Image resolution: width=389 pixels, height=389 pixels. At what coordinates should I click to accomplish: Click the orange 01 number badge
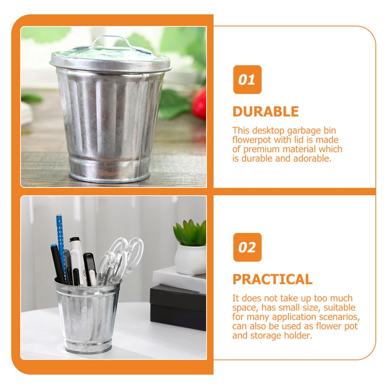click(x=247, y=79)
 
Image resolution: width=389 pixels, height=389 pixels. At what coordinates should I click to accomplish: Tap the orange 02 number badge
click(x=247, y=247)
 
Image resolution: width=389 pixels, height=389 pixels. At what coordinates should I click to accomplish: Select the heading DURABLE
click(x=265, y=112)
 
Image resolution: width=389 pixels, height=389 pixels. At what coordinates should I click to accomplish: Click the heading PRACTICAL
click(x=272, y=279)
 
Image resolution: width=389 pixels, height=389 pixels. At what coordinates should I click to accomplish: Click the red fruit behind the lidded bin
click(x=200, y=103)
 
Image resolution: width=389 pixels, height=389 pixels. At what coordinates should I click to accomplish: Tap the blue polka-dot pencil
click(x=61, y=245)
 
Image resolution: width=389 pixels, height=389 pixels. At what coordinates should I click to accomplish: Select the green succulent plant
click(x=190, y=233)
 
